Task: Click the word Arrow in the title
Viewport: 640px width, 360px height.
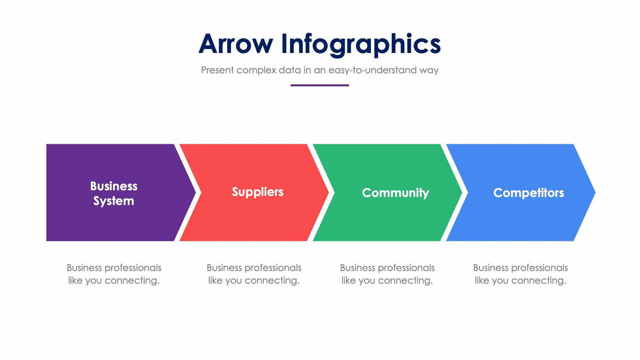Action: coord(236,44)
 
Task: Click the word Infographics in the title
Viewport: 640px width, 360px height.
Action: coord(361,44)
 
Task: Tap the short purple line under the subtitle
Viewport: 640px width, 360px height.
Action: coord(319,86)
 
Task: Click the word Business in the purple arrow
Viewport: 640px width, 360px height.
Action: coord(114,186)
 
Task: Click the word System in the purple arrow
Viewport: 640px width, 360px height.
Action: coord(114,201)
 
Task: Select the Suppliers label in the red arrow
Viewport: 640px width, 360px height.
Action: coord(257,192)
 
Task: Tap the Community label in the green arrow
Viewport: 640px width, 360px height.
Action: coord(396,193)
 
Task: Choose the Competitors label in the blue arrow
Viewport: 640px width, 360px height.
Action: coord(528,193)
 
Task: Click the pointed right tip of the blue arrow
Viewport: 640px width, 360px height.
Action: coord(595,192)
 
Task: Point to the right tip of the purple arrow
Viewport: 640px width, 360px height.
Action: coord(196,192)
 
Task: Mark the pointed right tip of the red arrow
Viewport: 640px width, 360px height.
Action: coord(329,192)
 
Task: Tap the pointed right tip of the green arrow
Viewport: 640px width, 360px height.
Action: coord(462,192)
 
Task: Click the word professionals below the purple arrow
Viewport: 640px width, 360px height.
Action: coord(133,268)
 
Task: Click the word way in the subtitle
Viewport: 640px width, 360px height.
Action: coord(429,71)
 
